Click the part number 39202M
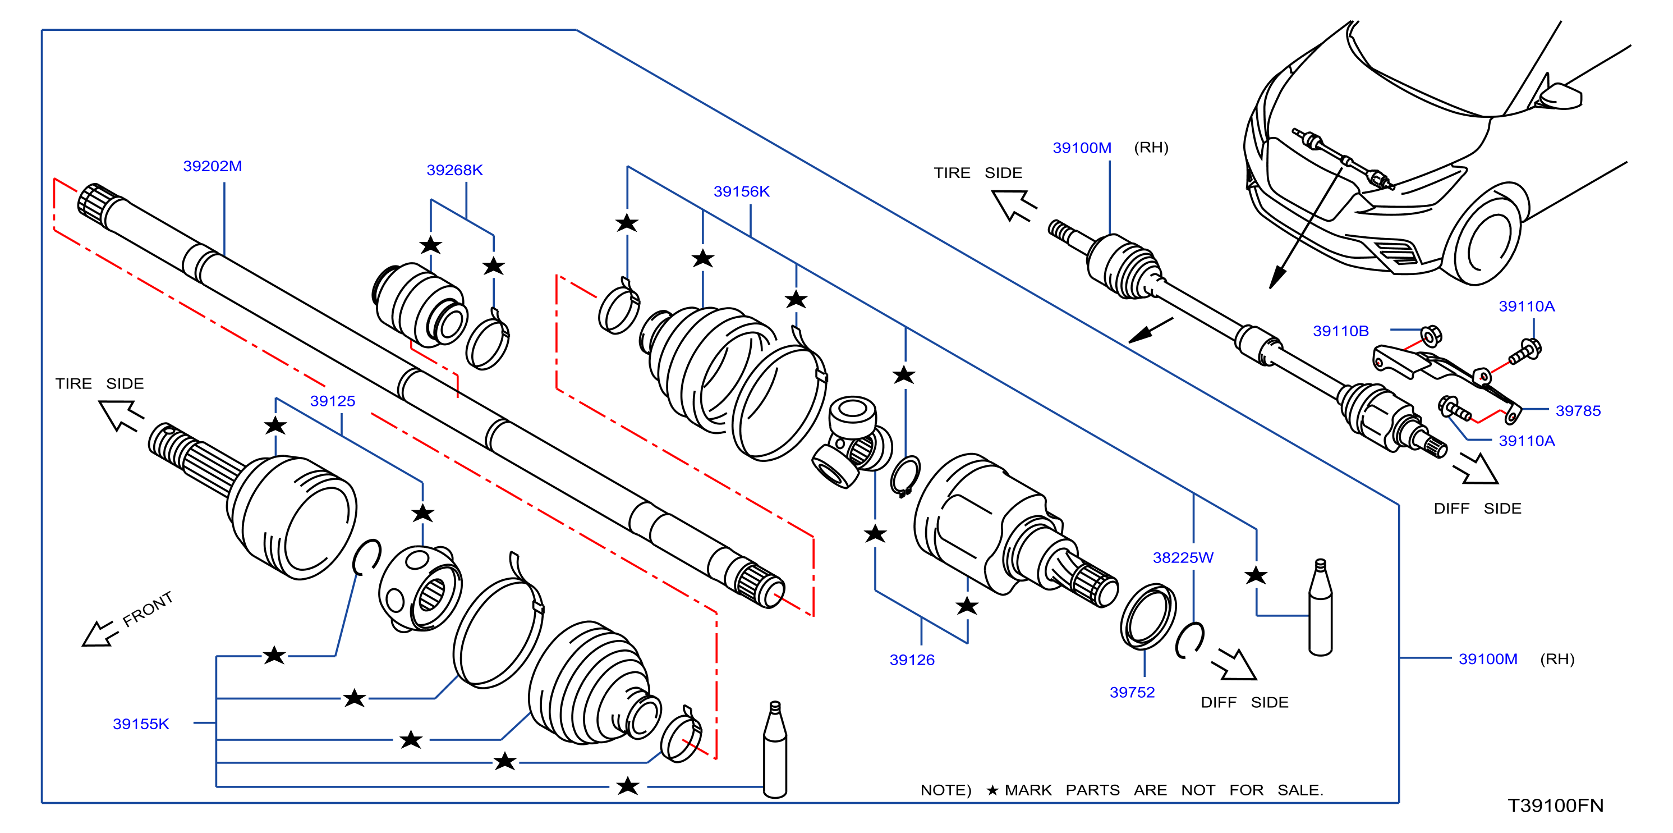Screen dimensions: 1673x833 click(213, 166)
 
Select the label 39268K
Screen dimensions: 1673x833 click(454, 170)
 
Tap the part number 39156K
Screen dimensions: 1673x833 click(741, 191)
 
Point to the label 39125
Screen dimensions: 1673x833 click(333, 401)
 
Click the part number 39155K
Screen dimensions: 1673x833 click(141, 724)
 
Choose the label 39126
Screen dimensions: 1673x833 click(912, 660)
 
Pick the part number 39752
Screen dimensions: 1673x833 click(1132, 693)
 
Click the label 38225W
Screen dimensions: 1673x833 click(1183, 557)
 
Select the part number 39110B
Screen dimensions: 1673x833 click(1340, 331)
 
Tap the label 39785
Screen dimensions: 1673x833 click(1578, 411)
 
